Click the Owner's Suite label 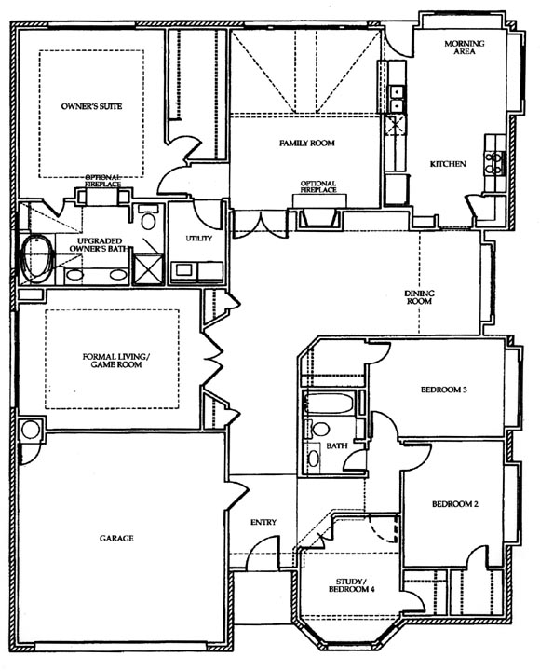pos(91,106)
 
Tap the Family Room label pos(307,143)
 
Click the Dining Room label pos(419,297)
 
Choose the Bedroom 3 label pos(438,390)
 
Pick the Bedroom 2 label pos(455,504)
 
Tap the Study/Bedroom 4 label pos(351,585)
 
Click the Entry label pos(263,522)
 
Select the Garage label pos(116,539)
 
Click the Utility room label pos(199,239)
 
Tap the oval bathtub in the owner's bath pos(38,259)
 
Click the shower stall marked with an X pos(148,269)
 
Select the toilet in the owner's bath pos(148,218)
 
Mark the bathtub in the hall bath pos(329,404)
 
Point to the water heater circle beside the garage pos(31,430)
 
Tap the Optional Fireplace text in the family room pos(318,186)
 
